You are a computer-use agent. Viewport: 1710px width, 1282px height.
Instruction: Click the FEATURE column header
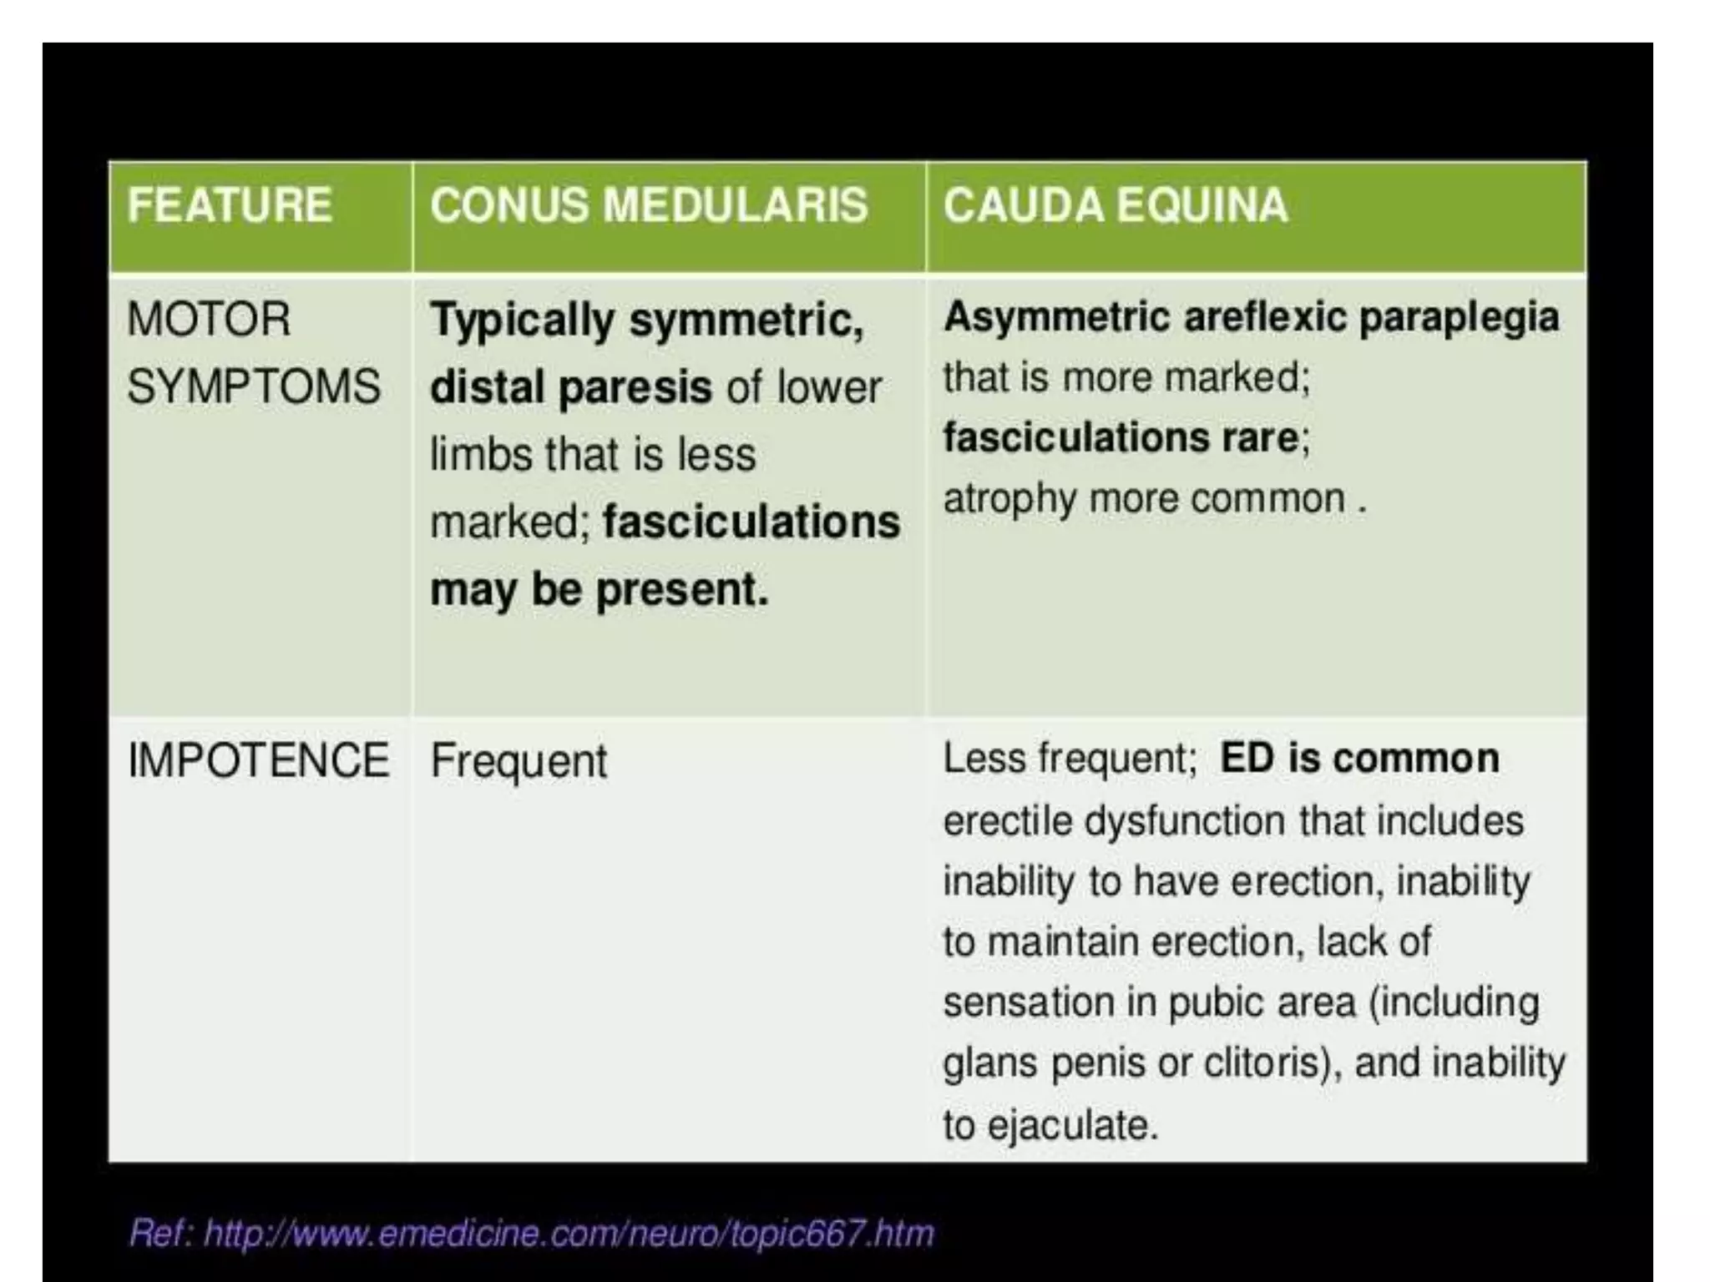pyautogui.click(x=230, y=206)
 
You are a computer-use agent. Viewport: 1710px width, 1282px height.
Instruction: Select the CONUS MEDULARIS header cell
pyautogui.click(x=649, y=206)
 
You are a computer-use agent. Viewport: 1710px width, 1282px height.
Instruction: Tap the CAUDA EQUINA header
pyautogui.click(x=1116, y=206)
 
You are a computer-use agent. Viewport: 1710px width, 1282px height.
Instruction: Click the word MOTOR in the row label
pyautogui.click(x=209, y=320)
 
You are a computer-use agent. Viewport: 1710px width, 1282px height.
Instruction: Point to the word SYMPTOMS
pyautogui.click(x=254, y=387)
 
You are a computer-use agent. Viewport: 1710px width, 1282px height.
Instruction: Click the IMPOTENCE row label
pyautogui.click(x=258, y=760)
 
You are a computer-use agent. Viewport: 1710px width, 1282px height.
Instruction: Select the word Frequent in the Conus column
pyautogui.click(x=519, y=762)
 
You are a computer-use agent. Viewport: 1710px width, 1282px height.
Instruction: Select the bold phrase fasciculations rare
pyautogui.click(x=1121, y=437)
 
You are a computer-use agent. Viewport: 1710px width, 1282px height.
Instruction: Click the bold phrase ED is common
pyautogui.click(x=1358, y=759)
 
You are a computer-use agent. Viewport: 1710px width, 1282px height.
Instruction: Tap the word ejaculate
pyautogui.click(x=1072, y=1125)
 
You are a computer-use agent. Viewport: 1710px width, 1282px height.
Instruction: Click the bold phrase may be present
pyautogui.click(x=599, y=590)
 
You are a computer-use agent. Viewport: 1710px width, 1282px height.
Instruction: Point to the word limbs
pyautogui.click(x=480, y=456)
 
